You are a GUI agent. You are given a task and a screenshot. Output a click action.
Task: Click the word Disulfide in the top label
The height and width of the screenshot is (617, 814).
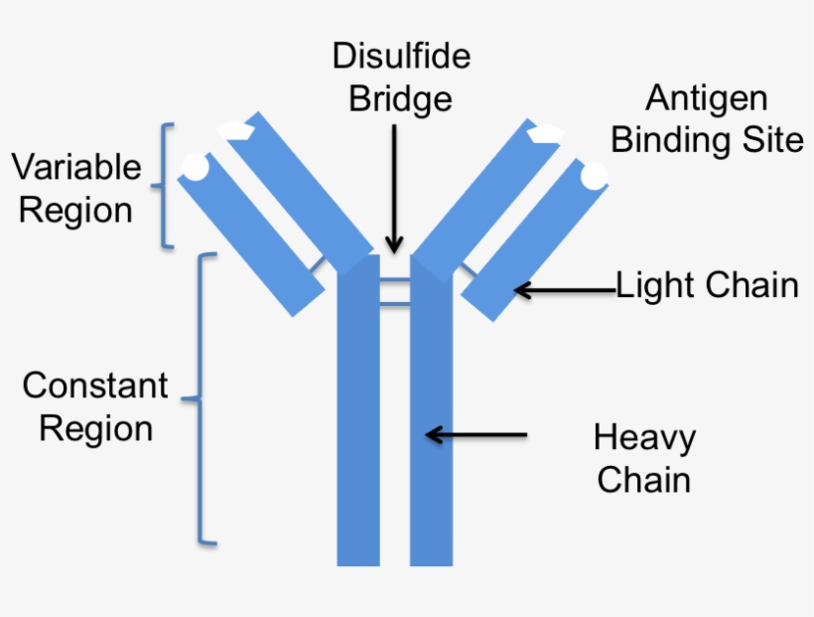point(401,56)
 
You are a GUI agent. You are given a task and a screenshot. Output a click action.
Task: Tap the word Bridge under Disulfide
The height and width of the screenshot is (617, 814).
point(401,99)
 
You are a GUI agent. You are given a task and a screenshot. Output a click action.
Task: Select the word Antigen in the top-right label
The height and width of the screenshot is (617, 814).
point(706,98)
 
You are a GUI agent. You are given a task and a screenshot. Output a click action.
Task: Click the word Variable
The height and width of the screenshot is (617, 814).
point(76,167)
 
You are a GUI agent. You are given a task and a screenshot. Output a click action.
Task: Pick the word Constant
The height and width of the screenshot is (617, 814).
point(95,386)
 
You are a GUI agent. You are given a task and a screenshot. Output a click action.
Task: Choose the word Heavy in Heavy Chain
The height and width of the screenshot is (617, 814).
point(644,437)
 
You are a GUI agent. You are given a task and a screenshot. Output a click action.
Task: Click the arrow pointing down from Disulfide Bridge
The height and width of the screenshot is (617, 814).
point(394,189)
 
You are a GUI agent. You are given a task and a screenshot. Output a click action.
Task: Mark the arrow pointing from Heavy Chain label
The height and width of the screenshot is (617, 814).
point(475,434)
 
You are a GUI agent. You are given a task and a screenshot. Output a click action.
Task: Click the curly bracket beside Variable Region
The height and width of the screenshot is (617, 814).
point(166,186)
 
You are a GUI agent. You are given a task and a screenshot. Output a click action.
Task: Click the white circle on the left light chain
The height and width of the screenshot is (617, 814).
point(196,166)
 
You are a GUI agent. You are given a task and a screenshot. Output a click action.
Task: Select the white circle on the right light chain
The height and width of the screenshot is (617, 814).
point(594,175)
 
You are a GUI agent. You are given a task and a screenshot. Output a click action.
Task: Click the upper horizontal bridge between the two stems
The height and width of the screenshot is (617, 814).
point(394,280)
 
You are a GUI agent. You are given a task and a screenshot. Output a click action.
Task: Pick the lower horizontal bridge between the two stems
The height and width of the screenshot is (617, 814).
point(394,301)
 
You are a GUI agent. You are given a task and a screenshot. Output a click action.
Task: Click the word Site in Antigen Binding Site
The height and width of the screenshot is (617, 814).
point(770,140)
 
